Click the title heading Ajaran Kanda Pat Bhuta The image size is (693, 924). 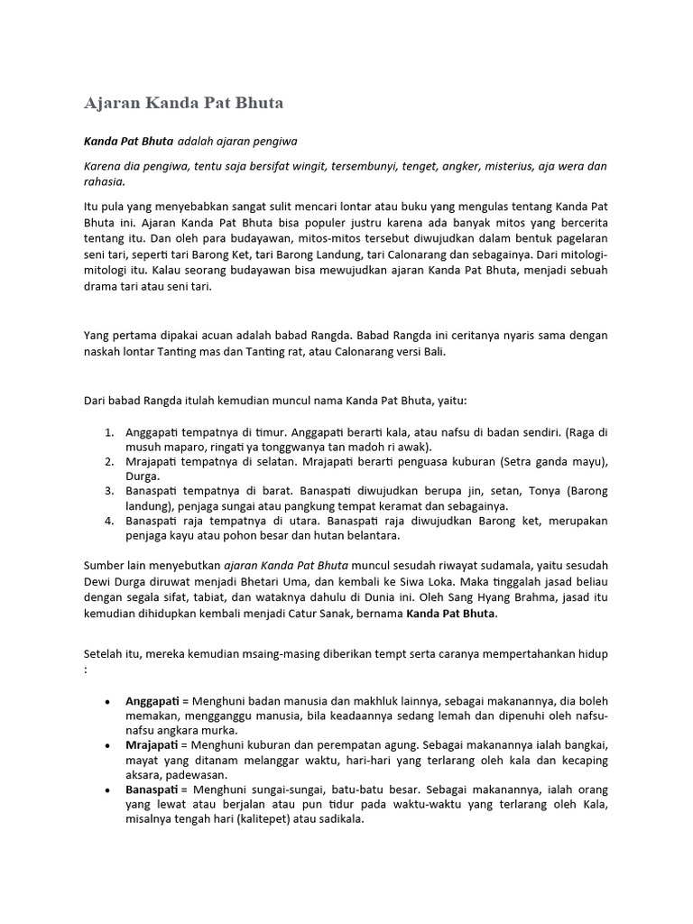coord(183,103)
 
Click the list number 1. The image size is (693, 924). coord(108,432)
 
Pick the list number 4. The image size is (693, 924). coord(108,521)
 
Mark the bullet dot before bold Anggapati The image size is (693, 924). coord(108,701)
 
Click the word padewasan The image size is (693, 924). coord(202,774)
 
